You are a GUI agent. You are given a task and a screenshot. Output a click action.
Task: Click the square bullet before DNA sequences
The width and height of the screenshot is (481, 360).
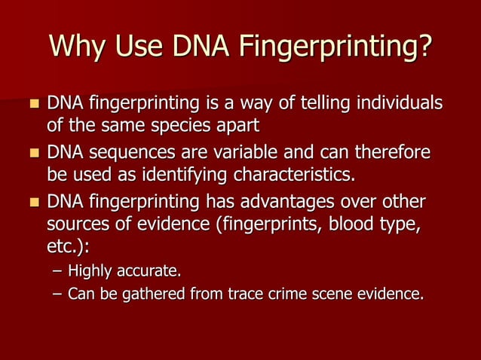32,155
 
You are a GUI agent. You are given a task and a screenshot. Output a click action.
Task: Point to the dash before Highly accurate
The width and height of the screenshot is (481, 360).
57,270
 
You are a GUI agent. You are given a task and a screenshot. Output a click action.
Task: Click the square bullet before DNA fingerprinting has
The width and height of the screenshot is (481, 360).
32,203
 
